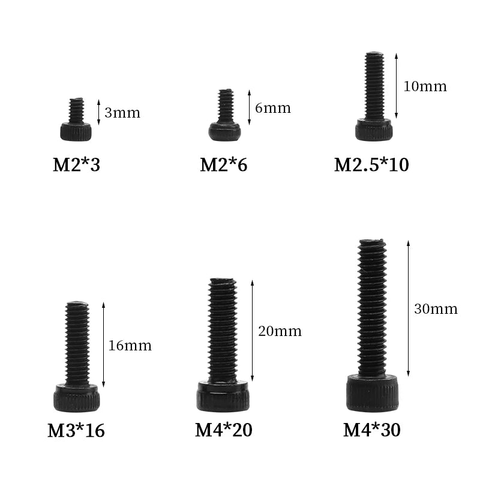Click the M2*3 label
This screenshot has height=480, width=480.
pyautogui.click(x=77, y=164)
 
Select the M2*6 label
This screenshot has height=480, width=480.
pyautogui.click(x=223, y=164)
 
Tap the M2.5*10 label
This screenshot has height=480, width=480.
pyautogui.click(x=371, y=164)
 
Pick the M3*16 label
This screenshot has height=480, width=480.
pyautogui.click(x=76, y=430)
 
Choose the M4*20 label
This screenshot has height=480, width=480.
pyautogui.click(x=223, y=430)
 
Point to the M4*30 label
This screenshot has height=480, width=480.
pyautogui.click(x=371, y=430)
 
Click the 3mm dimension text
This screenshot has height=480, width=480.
pyautogui.click(x=122, y=113)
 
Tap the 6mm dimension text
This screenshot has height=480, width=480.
pyautogui.click(x=273, y=108)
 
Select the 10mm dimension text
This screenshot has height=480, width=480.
pyautogui.click(x=425, y=86)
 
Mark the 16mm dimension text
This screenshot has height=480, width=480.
pyautogui.click(x=130, y=346)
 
